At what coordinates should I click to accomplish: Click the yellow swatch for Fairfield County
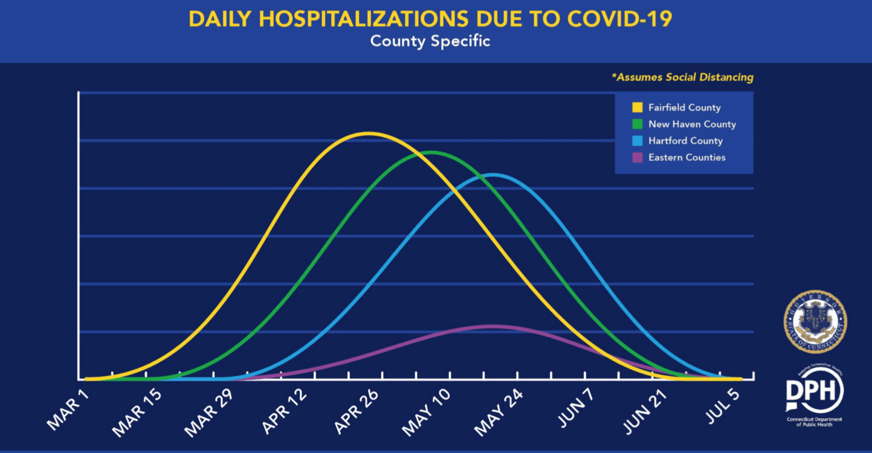(x=637, y=108)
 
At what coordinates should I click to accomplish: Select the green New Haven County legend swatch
(x=637, y=124)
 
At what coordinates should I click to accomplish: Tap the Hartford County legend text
(x=685, y=141)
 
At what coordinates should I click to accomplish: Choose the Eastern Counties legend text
(x=686, y=157)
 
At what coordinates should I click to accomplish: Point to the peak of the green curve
(x=431, y=152)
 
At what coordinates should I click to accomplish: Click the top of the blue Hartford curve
(x=493, y=175)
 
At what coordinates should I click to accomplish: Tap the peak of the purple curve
(x=493, y=326)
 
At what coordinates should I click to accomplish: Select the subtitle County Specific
(x=430, y=42)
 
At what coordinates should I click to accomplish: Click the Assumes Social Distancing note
(x=682, y=77)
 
